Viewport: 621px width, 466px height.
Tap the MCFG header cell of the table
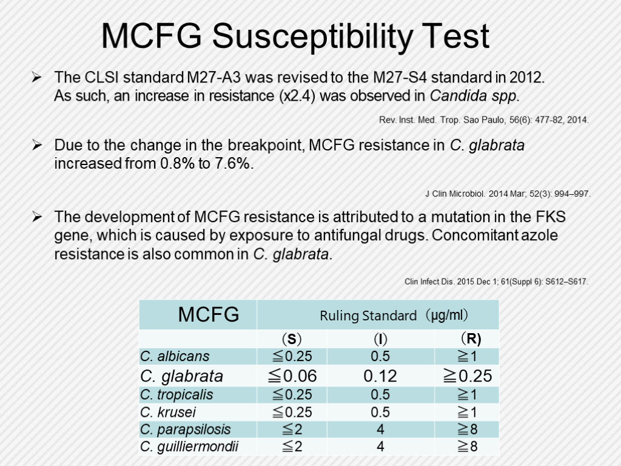pyautogui.click(x=208, y=315)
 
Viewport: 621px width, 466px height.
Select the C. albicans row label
pyautogui.click(x=175, y=357)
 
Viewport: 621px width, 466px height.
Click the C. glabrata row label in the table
pyautogui.click(x=181, y=376)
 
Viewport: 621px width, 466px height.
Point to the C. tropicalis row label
pyautogui.click(x=176, y=395)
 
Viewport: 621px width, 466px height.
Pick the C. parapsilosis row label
pyautogui.click(x=185, y=430)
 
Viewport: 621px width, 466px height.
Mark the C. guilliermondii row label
pyautogui.click(x=189, y=447)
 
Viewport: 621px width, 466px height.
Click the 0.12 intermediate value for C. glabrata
pyautogui.click(x=380, y=376)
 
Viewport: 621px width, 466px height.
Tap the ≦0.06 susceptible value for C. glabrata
pyautogui.click(x=292, y=376)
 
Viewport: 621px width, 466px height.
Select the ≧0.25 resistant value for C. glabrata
pyautogui.click(x=467, y=376)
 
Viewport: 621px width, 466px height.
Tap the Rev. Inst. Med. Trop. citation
pyautogui.click(x=483, y=120)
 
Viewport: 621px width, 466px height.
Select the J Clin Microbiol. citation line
pyautogui.click(x=507, y=194)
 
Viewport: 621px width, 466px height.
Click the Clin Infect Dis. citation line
pyautogui.click(x=496, y=282)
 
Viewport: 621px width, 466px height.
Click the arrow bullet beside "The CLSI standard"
pyautogui.click(x=37, y=78)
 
